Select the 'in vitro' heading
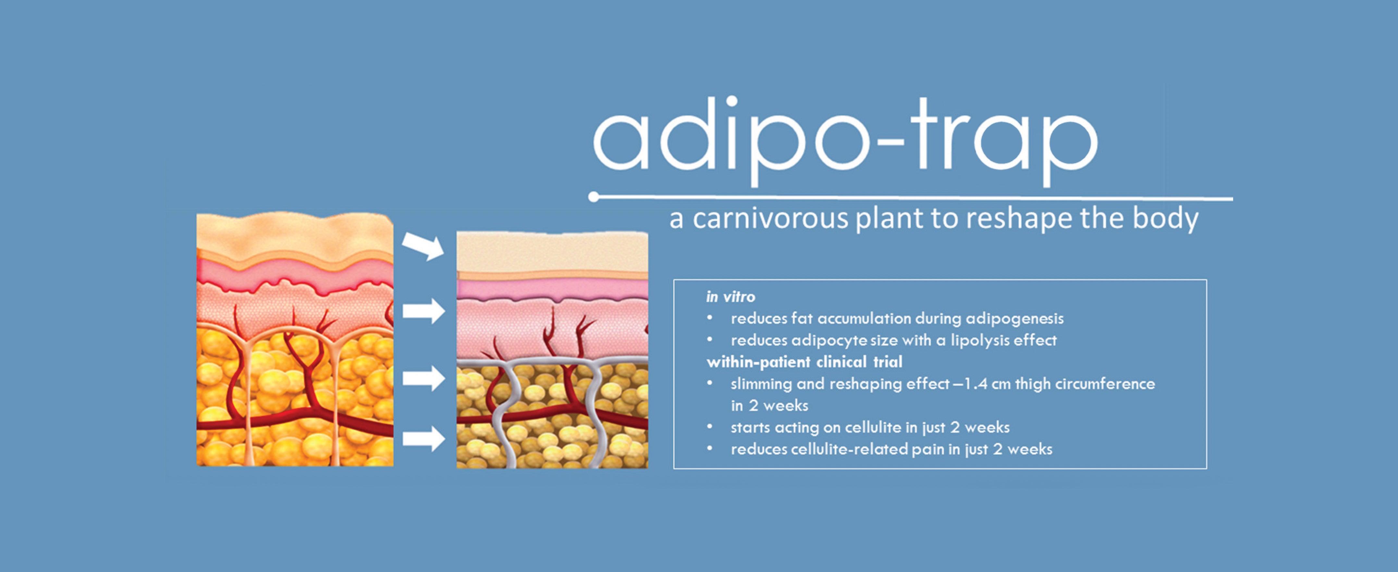coord(730,297)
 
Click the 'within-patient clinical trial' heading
coord(804,362)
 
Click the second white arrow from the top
coord(424,311)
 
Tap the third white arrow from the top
coord(424,378)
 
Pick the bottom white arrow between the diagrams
coord(424,438)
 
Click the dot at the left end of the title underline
coord(594,196)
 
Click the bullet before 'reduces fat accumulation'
coord(709,318)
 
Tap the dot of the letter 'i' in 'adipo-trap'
coord(731,101)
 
